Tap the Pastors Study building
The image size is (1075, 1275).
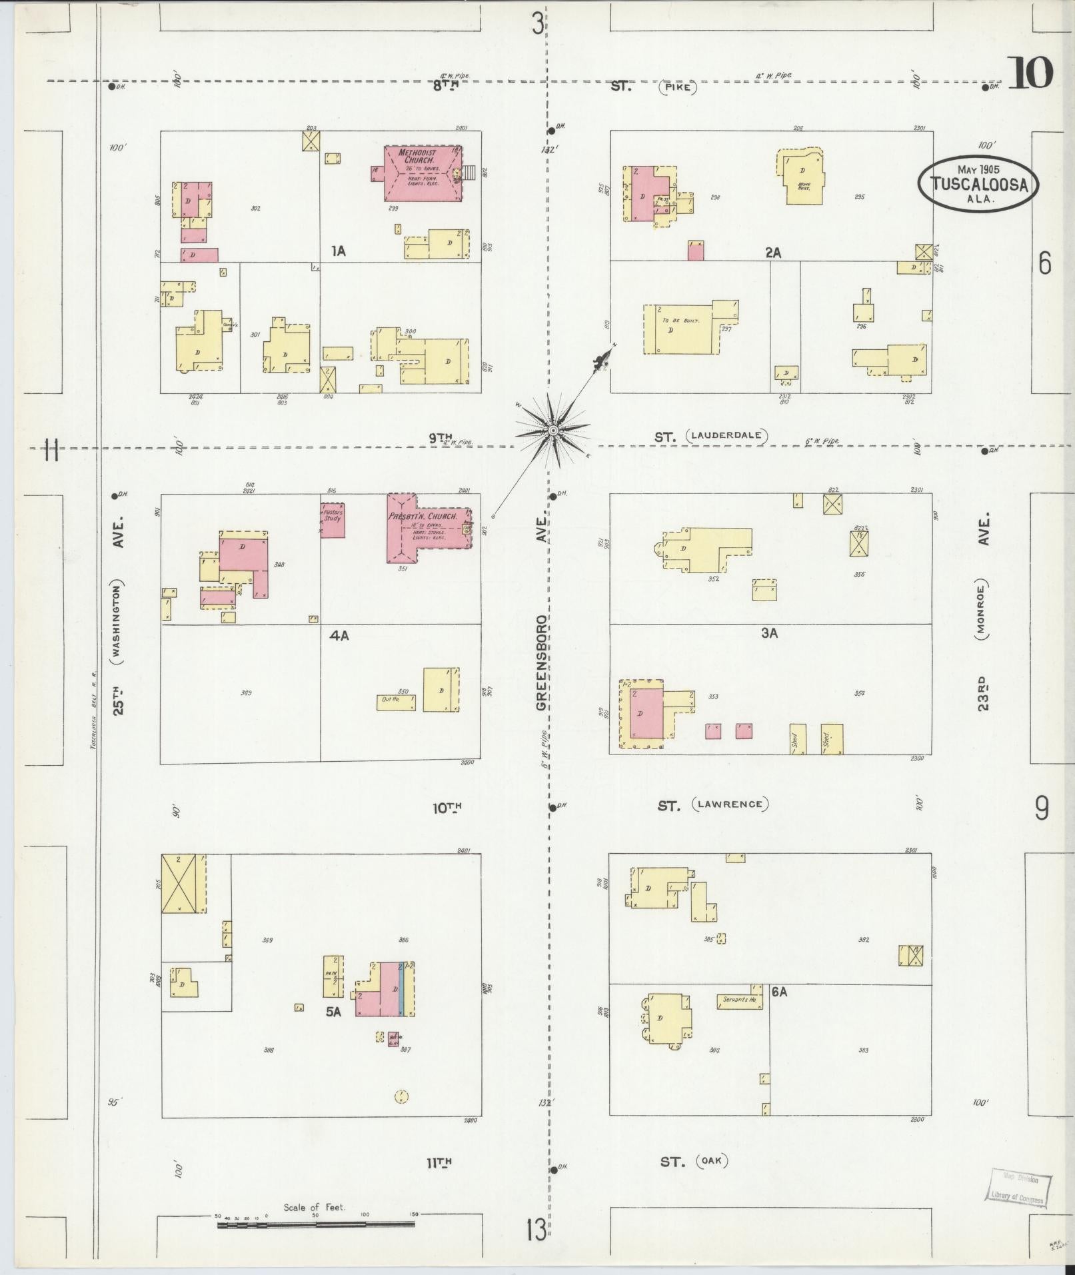[333, 521]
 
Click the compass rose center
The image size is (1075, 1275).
[552, 431]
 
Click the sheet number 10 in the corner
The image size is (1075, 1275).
[1030, 73]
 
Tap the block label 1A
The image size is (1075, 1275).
[339, 251]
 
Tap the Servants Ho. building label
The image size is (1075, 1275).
[739, 1000]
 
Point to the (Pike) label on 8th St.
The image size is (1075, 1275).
[678, 87]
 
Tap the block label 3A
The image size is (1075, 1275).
[769, 633]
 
